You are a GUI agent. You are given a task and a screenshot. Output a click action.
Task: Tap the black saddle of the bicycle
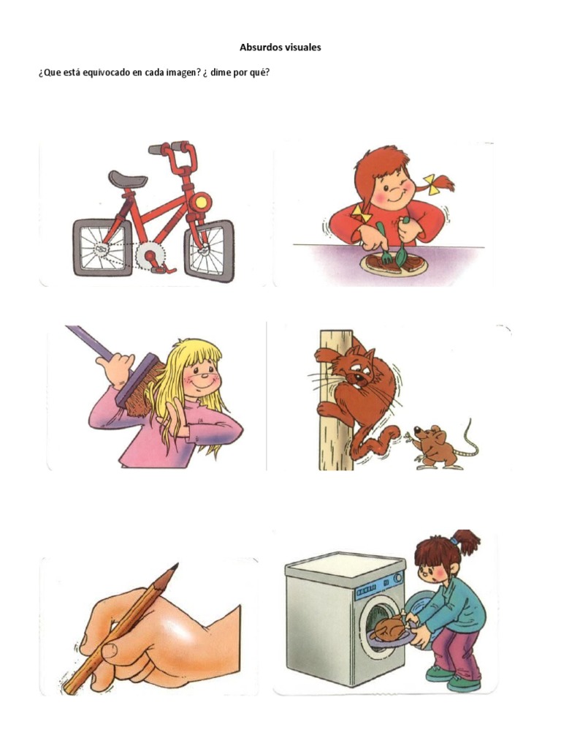pyautogui.click(x=127, y=178)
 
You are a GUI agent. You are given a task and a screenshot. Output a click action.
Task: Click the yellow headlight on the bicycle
pyautogui.click(x=201, y=200)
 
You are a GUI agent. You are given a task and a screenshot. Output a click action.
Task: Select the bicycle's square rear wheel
pyautogui.click(x=102, y=248)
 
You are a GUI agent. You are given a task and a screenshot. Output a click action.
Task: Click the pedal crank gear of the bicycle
pyautogui.click(x=150, y=256)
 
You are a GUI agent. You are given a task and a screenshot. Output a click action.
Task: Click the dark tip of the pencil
pyautogui.click(x=173, y=568)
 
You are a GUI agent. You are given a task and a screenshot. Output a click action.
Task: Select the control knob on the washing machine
pyautogui.click(x=397, y=578)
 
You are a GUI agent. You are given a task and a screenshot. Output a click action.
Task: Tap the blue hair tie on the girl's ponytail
pyautogui.click(x=454, y=541)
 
